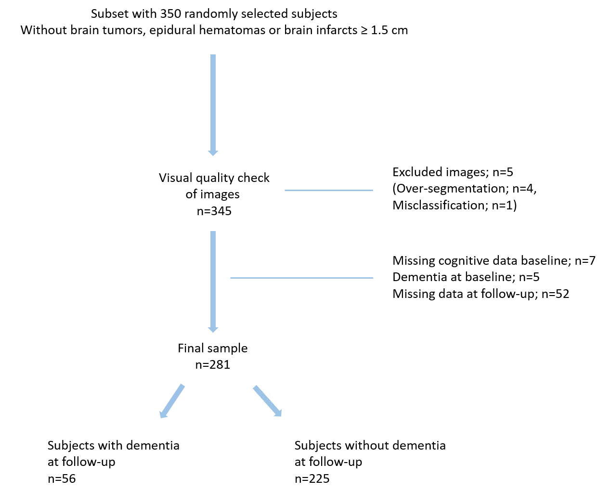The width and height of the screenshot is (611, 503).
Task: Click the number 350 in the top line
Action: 170,14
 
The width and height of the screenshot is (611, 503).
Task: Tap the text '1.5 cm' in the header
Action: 389,30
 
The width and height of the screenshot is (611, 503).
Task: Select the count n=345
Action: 214,211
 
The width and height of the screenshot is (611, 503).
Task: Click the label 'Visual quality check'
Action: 214,178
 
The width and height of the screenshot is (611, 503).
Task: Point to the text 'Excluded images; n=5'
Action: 453,172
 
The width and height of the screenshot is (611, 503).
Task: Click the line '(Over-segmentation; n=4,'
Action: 464,189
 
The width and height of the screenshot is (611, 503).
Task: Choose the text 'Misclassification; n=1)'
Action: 454,206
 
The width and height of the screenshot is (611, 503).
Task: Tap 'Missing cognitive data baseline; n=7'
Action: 494,261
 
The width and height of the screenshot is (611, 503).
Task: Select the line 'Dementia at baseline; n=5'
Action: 466,277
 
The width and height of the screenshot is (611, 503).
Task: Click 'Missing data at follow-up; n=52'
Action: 481,294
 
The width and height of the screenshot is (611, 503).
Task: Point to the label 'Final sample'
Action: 213,348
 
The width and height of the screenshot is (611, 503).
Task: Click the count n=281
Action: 213,365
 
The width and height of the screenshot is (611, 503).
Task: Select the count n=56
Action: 62,479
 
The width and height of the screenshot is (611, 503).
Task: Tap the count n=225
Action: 312,479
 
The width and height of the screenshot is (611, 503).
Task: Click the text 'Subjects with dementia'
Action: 114,446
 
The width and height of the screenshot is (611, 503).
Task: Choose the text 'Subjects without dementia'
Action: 370,446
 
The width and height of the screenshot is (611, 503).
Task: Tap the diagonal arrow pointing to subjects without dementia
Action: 267,400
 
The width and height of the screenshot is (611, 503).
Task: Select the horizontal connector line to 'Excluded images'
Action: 329,191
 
